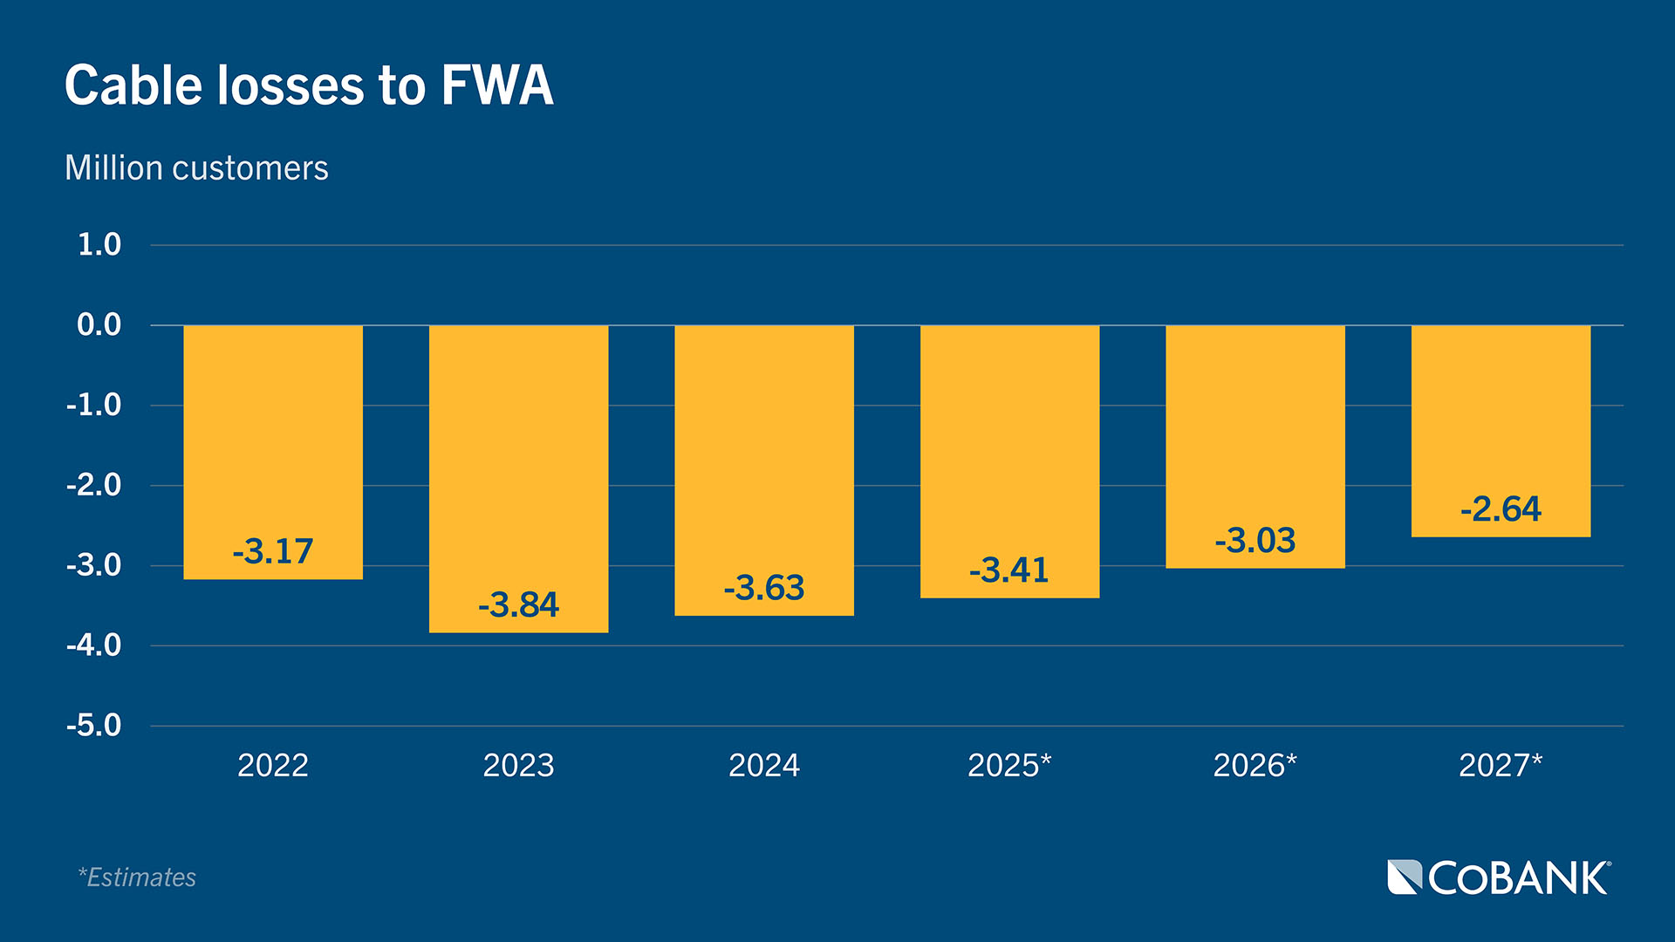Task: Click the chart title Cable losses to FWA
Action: tap(309, 85)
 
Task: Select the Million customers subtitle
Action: tap(196, 167)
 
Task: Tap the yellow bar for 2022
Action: tap(273, 436)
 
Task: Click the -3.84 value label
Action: tap(518, 604)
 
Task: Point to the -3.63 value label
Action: tap(764, 587)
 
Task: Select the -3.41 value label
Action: tap(1009, 570)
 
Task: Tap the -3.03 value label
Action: tap(1255, 540)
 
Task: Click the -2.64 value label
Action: tap(1501, 509)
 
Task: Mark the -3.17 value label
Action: tap(273, 550)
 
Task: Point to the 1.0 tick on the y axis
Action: tap(99, 244)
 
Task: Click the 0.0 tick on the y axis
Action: tap(99, 324)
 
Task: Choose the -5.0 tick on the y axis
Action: tap(94, 725)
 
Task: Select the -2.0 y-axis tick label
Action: tap(94, 484)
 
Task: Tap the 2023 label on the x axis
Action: tap(518, 765)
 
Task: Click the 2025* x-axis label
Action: tap(1009, 765)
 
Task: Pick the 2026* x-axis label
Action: tap(1255, 765)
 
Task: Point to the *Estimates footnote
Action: tap(137, 877)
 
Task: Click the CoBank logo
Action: tap(1499, 877)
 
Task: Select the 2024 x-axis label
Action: tap(764, 765)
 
